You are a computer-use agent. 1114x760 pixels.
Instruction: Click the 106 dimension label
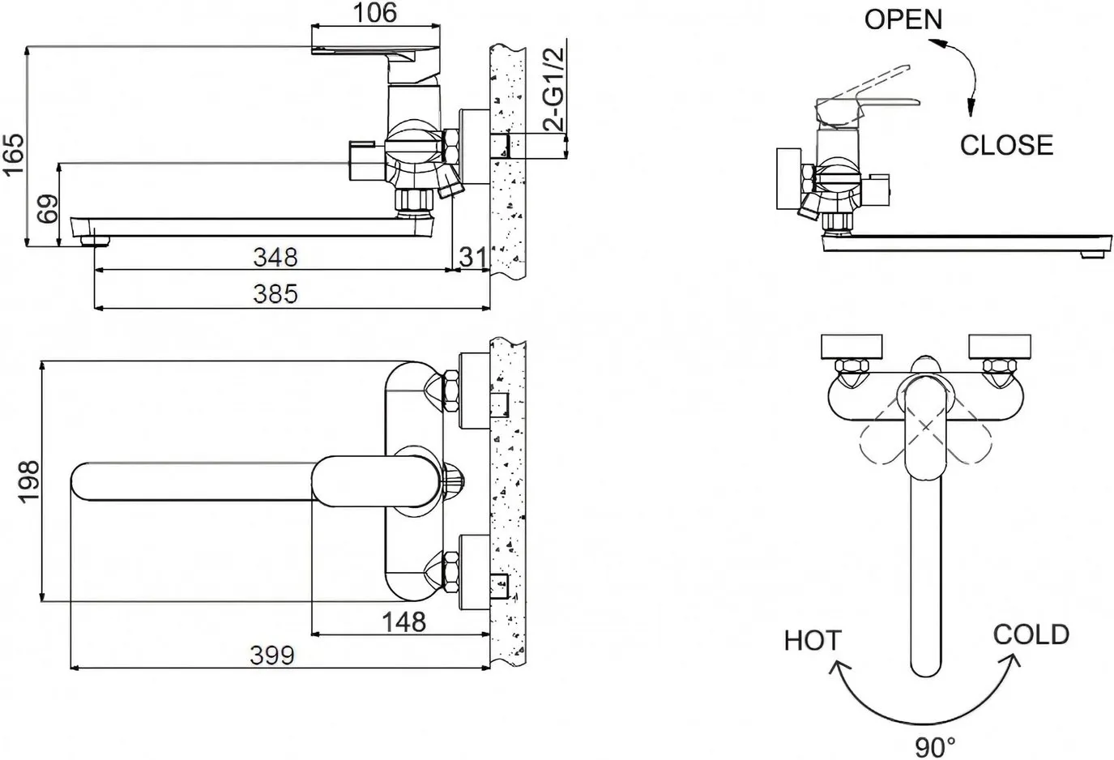(x=375, y=12)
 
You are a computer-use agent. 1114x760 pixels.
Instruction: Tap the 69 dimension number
(x=48, y=209)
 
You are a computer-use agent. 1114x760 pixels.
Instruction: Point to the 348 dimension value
(x=275, y=257)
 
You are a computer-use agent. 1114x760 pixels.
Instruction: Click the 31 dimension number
(x=473, y=257)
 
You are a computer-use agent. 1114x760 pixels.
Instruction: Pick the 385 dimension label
(x=275, y=294)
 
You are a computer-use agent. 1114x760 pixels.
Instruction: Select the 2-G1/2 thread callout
(x=553, y=89)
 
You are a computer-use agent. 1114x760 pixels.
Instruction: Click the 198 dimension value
(x=29, y=481)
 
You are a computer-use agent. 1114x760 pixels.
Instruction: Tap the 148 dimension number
(x=403, y=622)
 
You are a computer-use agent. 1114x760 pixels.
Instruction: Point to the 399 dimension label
(x=272, y=655)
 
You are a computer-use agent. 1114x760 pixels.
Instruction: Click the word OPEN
(x=903, y=20)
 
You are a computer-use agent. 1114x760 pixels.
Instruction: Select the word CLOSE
(x=1006, y=145)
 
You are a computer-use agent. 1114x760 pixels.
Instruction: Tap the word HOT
(x=812, y=641)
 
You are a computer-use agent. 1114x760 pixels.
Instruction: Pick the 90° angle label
(x=935, y=747)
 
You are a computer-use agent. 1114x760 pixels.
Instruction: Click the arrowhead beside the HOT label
(x=839, y=668)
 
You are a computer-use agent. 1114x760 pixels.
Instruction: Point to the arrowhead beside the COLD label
(x=1012, y=661)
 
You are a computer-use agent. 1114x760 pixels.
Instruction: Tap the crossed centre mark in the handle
(x=925, y=426)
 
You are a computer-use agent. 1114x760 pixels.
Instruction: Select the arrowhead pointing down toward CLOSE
(x=971, y=107)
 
